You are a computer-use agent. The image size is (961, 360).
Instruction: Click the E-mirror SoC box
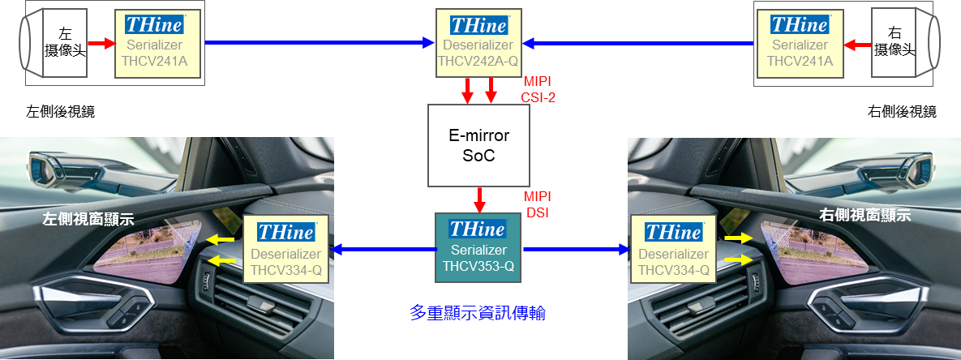click(x=478, y=145)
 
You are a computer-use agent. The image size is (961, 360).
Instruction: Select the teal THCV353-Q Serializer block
click(x=478, y=247)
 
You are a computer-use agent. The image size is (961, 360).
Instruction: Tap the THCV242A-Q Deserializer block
click(x=478, y=43)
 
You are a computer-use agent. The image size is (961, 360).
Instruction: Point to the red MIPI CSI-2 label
click(x=538, y=90)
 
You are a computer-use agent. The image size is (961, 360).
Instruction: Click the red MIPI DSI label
click(x=538, y=204)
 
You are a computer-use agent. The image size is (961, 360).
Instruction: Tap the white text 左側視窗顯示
click(x=88, y=219)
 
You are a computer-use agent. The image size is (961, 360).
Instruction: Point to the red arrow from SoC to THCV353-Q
click(x=480, y=199)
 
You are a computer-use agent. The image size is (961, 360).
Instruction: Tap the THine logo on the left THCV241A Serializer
click(x=155, y=24)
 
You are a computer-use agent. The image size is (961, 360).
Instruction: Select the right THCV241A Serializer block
click(x=799, y=43)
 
